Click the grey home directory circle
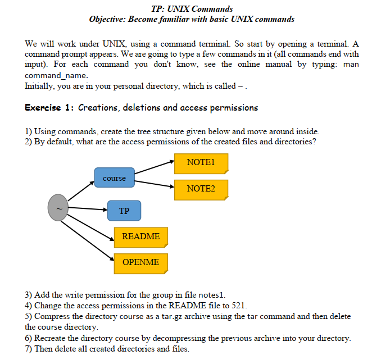59,208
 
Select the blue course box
115,178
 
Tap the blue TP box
124,211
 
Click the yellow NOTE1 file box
201,163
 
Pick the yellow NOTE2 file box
201,189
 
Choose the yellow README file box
140,236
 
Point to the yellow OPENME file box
140,262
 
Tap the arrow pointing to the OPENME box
87,240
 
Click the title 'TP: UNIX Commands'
192,9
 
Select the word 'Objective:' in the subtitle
108,19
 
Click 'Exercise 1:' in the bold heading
49,107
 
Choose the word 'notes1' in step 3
211,295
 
